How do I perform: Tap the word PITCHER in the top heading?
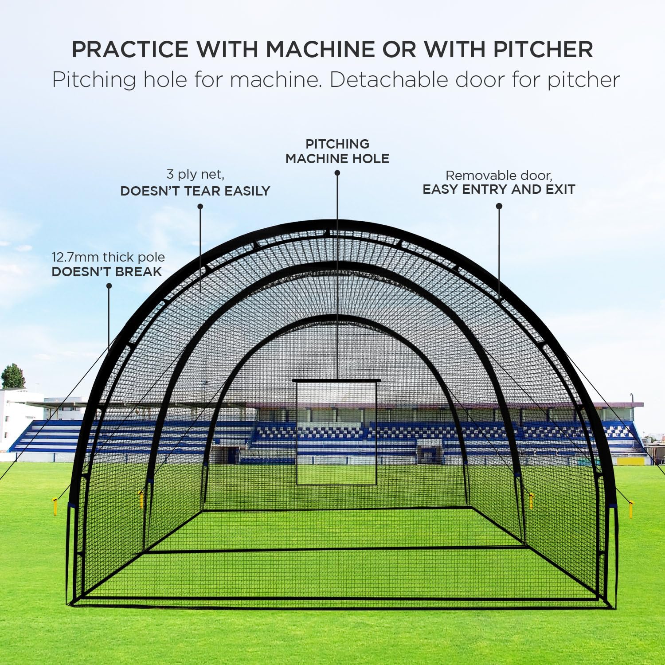[543, 49]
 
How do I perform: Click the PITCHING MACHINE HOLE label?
[337, 151]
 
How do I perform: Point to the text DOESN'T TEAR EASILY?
[195, 191]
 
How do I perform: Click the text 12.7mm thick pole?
[108, 257]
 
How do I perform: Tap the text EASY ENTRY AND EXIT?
[499, 189]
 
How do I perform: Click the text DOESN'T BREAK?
[107, 272]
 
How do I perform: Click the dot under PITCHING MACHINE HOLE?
[337, 173]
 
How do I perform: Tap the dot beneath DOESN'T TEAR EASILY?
[200, 206]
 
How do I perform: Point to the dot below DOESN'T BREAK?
[109, 286]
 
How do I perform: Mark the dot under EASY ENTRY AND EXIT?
[499, 206]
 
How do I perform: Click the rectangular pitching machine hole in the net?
[336, 432]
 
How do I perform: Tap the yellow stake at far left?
[55, 506]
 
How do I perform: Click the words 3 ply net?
[195, 174]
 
